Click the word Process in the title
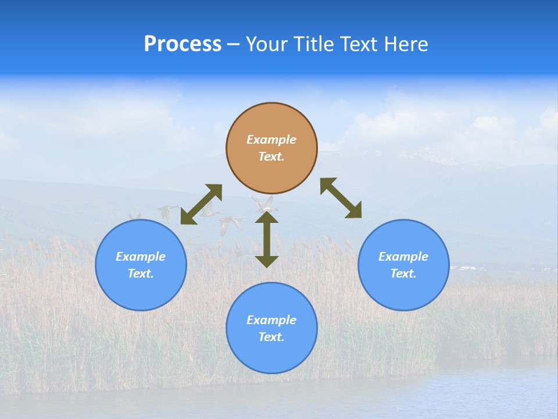click(x=183, y=44)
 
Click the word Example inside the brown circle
click(x=271, y=140)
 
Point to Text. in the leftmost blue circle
click(x=141, y=274)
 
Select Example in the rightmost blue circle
click(x=403, y=257)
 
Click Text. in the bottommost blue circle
click(x=271, y=337)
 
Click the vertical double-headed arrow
click(x=267, y=239)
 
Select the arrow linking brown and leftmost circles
click(x=201, y=204)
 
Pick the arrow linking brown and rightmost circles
click(x=341, y=198)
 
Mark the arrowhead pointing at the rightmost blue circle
click(x=353, y=211)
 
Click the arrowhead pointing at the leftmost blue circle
click(x=188, y=217)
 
